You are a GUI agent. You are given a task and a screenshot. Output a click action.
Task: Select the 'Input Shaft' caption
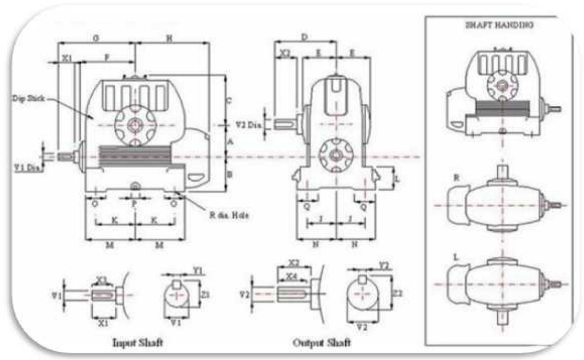pos(137,342)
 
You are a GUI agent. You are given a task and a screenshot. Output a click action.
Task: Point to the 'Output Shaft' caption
pos(322,343)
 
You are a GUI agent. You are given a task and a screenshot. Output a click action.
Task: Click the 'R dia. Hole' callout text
pos(229,216)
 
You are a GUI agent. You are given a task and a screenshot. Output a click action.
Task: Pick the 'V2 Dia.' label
pos(248,125)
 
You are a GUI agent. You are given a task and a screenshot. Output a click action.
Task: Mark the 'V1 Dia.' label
pos(27,167)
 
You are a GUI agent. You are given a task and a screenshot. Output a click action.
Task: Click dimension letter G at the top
pos(96,38)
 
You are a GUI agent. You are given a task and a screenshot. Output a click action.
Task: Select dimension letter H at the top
pos(169,38)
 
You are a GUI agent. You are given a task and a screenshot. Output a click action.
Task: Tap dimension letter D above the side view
pos(304,37)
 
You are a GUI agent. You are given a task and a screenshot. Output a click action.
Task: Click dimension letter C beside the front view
pos(229,100)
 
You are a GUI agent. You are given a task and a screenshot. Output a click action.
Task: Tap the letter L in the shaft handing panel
pos(456,257)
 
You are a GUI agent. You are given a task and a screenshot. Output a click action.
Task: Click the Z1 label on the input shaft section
pos(205,294)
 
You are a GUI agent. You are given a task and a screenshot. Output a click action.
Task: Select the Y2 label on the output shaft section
pos(383,266)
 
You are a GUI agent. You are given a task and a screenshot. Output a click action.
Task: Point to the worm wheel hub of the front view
pos(135,125)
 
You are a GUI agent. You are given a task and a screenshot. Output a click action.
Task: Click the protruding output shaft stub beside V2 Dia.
pos(285,124)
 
